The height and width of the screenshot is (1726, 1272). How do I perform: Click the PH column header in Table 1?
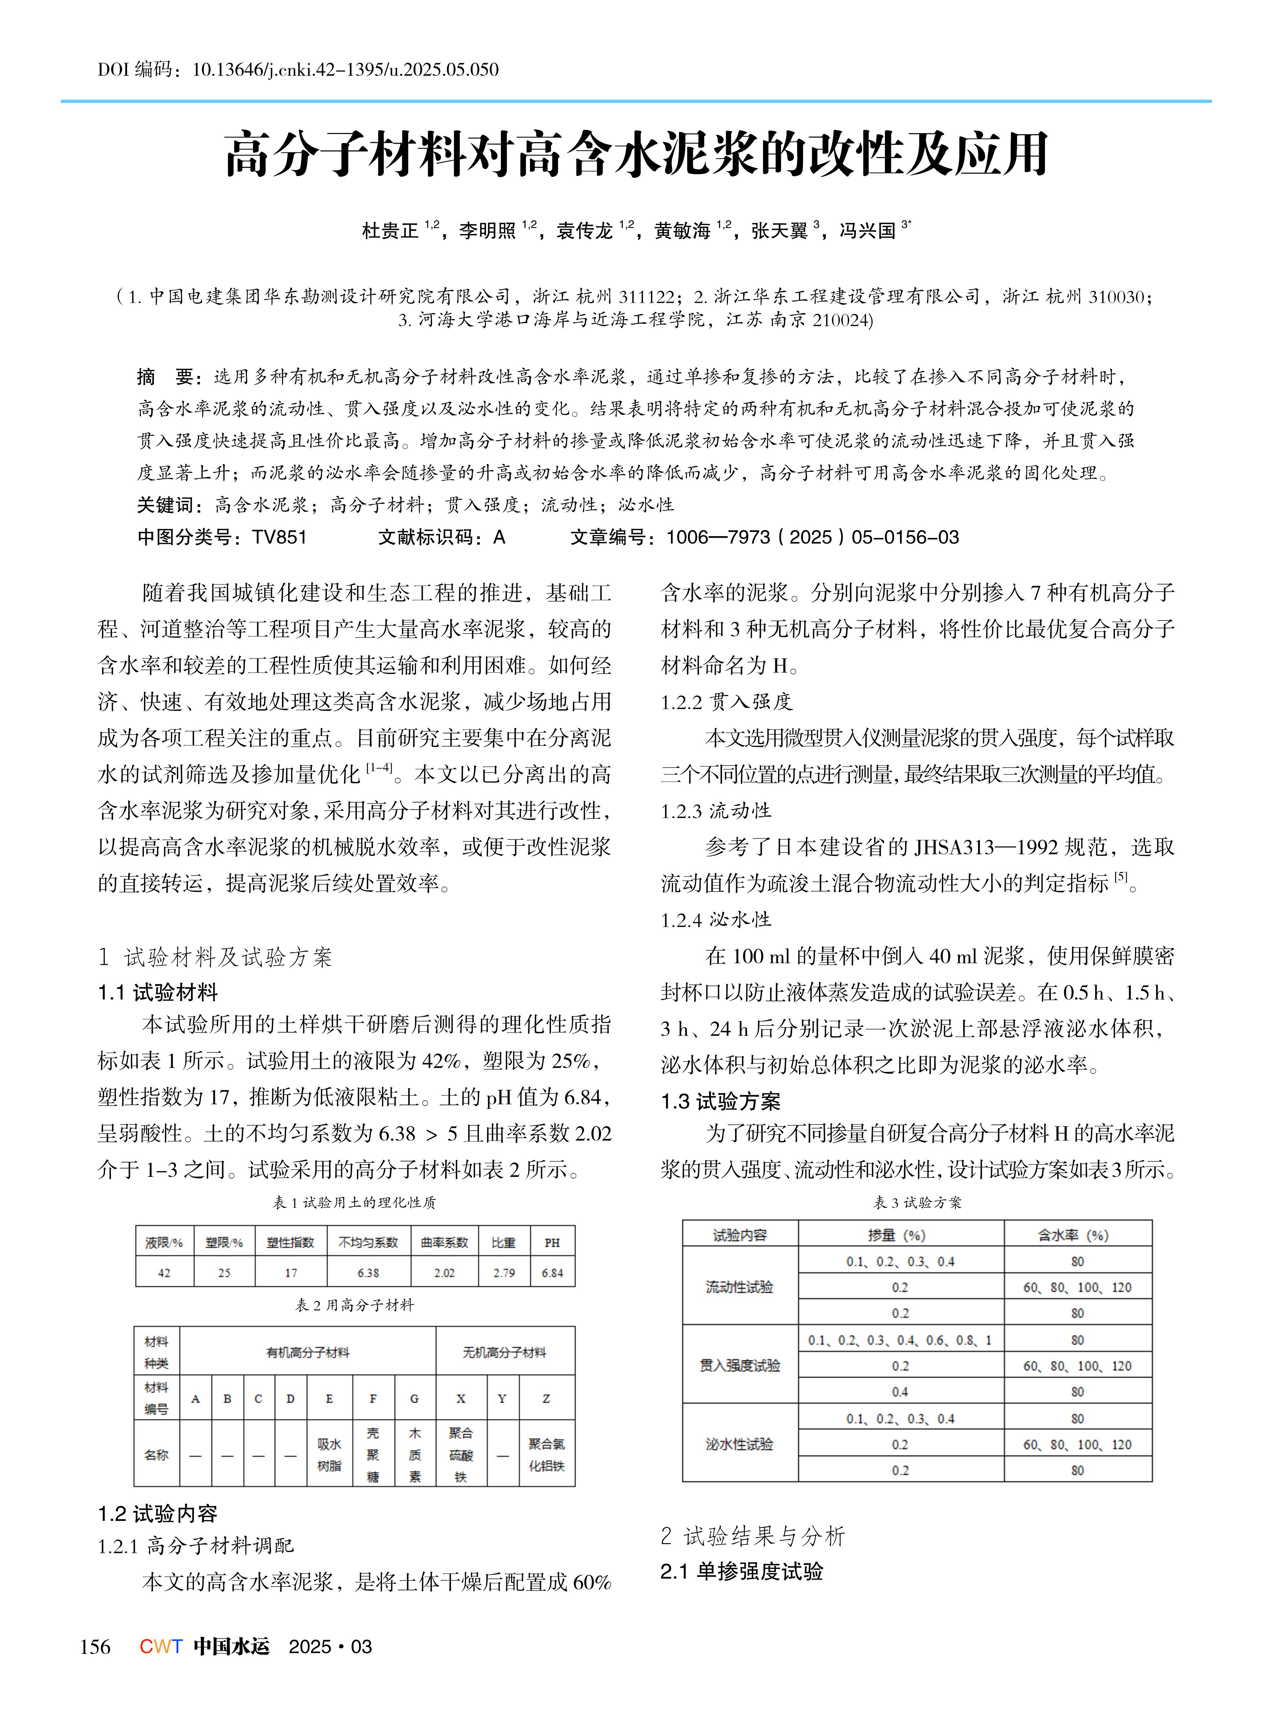552,1242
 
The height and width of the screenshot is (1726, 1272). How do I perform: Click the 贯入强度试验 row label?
739,1365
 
